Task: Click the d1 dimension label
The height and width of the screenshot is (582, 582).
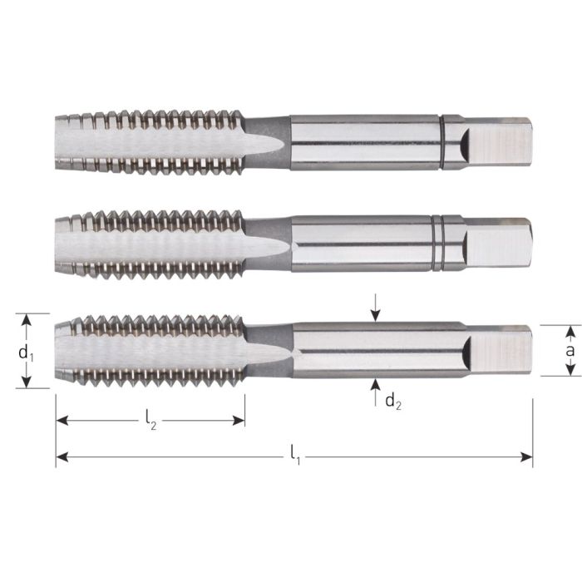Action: coord(25,352)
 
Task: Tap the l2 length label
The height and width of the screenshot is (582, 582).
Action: coord(150,422)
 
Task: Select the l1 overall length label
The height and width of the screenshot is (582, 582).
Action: coord(296,454)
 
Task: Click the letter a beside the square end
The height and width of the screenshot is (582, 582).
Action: coord(570,351)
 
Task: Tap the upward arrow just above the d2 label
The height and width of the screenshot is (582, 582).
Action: coord(376,383)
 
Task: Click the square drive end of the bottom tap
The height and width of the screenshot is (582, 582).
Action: coord(499,350)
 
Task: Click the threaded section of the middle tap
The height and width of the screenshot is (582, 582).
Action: coord(150,244)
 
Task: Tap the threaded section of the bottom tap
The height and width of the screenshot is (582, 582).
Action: coord(150,350)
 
